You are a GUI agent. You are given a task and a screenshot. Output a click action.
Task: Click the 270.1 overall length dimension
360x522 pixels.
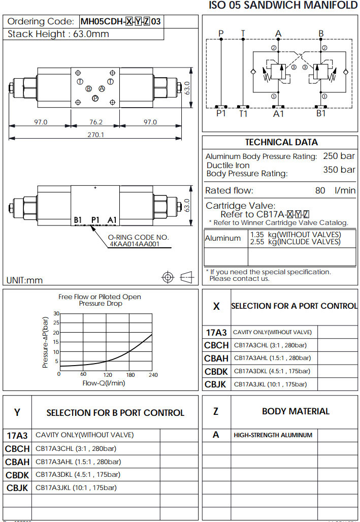[96, 135]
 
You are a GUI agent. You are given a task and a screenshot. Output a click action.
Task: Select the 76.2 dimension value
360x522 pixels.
[95, 122]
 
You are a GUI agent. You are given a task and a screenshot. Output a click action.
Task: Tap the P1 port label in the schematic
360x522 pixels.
[221, 113]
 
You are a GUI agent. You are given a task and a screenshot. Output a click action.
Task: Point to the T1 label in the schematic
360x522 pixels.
[244, 113]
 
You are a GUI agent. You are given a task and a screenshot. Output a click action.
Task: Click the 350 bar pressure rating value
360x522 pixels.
[339, 170]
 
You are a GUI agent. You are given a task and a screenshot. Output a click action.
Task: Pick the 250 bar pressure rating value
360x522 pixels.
[339, 156]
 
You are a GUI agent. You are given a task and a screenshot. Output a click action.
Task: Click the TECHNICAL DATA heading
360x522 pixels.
[281, 142]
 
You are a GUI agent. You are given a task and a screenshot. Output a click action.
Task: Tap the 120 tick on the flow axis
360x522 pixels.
[107, 374]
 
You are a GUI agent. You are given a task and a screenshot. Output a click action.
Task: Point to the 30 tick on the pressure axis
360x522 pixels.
[56, 313]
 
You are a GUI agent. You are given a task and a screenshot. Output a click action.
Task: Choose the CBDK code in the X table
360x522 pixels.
[216, 372]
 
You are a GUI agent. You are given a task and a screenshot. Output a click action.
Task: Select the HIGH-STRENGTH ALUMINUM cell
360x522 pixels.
[273, 435]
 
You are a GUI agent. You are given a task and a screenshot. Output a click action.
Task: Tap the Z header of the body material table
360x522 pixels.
[216, 411]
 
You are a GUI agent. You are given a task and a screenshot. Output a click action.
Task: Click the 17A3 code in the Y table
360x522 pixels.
[17, 435]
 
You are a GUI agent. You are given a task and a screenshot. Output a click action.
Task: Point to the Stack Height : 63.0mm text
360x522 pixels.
[58, 34]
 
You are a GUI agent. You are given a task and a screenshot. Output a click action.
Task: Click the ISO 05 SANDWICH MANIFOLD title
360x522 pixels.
[283, 6]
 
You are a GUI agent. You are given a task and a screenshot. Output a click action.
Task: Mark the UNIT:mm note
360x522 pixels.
[25, 280]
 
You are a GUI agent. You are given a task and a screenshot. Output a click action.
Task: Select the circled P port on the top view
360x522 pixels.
[95, 99]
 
